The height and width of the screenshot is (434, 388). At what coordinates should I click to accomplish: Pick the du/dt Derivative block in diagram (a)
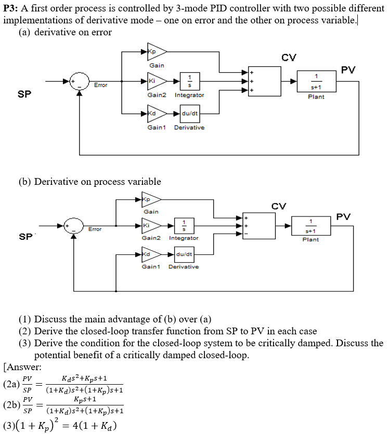(189, 113)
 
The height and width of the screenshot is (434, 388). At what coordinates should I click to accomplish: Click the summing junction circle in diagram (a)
(80, 82)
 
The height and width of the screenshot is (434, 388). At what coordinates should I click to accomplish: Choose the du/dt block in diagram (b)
(184, 254)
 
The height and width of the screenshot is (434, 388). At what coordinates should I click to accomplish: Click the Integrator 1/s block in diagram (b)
(184, 226)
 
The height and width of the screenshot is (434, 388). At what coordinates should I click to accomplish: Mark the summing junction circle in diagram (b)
(74, 226)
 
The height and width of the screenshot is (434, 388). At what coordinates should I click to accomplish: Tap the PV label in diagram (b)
(343, 216)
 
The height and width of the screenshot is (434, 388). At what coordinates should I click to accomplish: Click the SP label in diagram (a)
(24, 94)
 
